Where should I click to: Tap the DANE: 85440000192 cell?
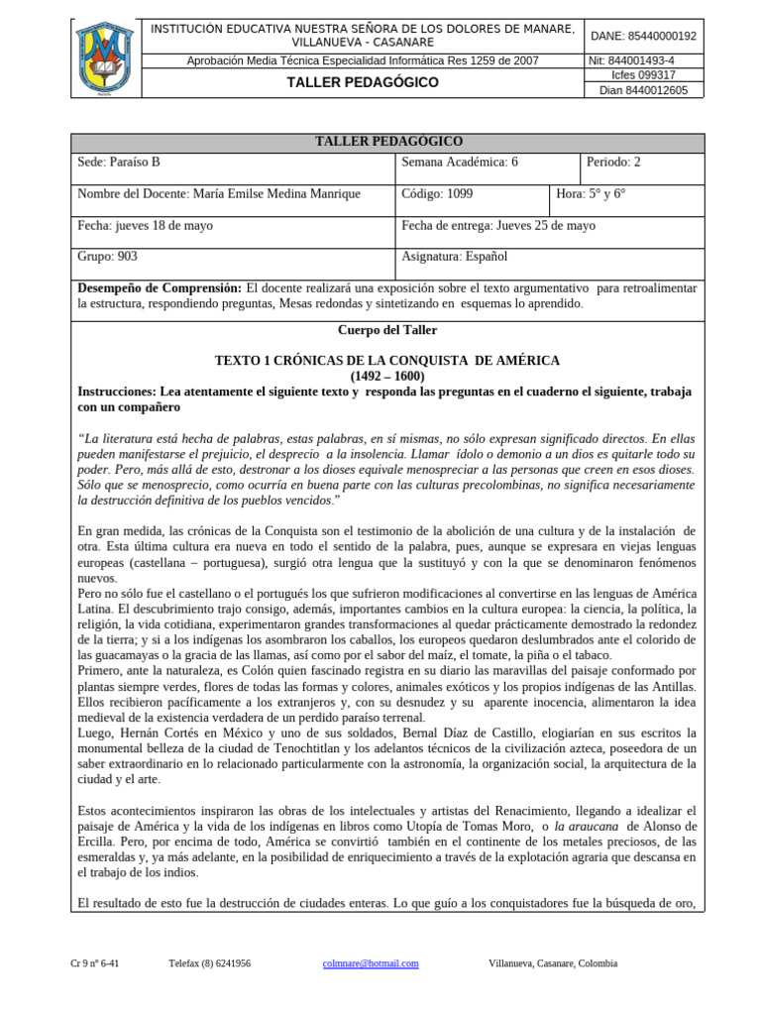pyautogui.click(x=643, y=36)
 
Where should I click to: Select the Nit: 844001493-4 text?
pyautogui.click(x=643, y=60)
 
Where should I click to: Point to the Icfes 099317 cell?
pyautogui.click(x=643, y=74)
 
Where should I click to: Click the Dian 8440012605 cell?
pyautogui.click(x=643, y=90)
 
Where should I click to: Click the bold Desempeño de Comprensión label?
pyautogui.click(x=159, y=287)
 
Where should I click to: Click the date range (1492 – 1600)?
pyautogui.click(x=387, y=376)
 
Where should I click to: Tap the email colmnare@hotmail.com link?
pyautogui.click(x=371, y=962)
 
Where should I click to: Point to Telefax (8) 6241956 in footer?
pyautogui.click(x=209, y=962)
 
